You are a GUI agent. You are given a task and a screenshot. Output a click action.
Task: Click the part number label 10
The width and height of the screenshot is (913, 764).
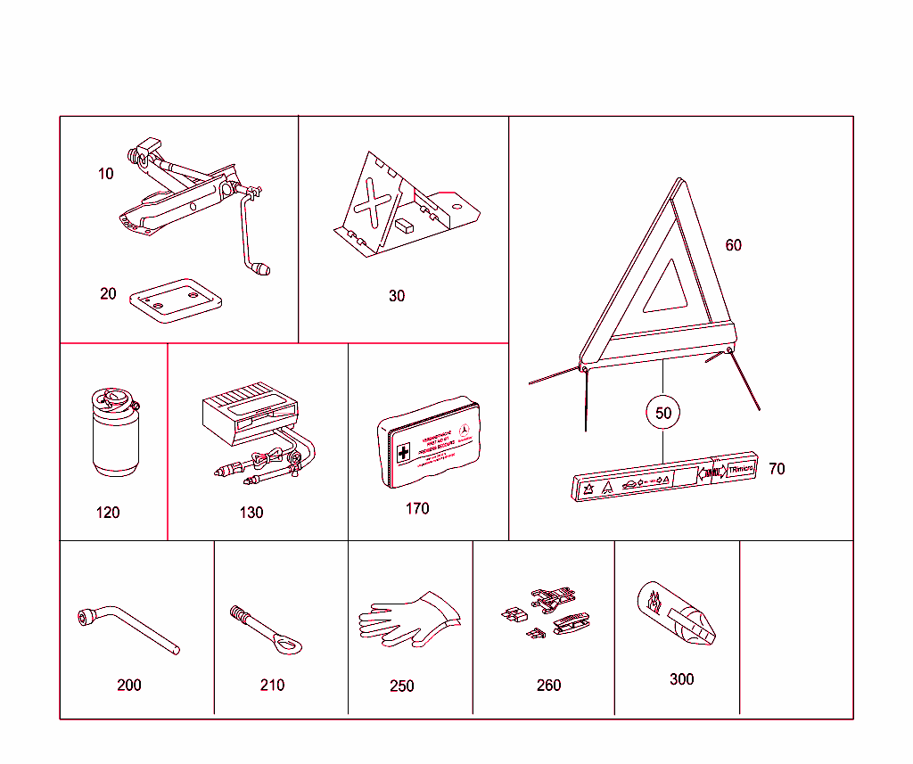pyautogui.click(x=106, y=174)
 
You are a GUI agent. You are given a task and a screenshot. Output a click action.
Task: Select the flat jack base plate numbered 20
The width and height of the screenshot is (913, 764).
pyautogui.click(x=176, y=300)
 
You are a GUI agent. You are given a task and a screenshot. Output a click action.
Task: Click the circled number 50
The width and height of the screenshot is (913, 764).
pyautogui.click(x=663, y=413)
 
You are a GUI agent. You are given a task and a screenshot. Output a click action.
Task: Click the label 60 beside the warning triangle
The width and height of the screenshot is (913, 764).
pyautogui.click(x=733, y=245)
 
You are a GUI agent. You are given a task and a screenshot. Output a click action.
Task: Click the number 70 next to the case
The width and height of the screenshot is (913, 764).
pyautogui.click(x=777, y=469)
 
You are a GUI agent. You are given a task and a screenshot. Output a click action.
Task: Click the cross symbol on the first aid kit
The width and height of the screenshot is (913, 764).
pyautogui.click(x=403, y=453)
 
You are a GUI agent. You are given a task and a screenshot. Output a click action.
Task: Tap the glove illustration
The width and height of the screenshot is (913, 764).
pyautogui.click(x=410, y=616)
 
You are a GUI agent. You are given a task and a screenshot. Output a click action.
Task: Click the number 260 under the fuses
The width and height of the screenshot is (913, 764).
pyautogui.click(x=549, y=685)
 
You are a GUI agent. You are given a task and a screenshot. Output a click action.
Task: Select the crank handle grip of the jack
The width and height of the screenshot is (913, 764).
pyautogui.click(x=261, y=267)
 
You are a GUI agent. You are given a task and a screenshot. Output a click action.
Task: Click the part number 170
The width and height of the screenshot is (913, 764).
pyautogui.click(x=416, y=509)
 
